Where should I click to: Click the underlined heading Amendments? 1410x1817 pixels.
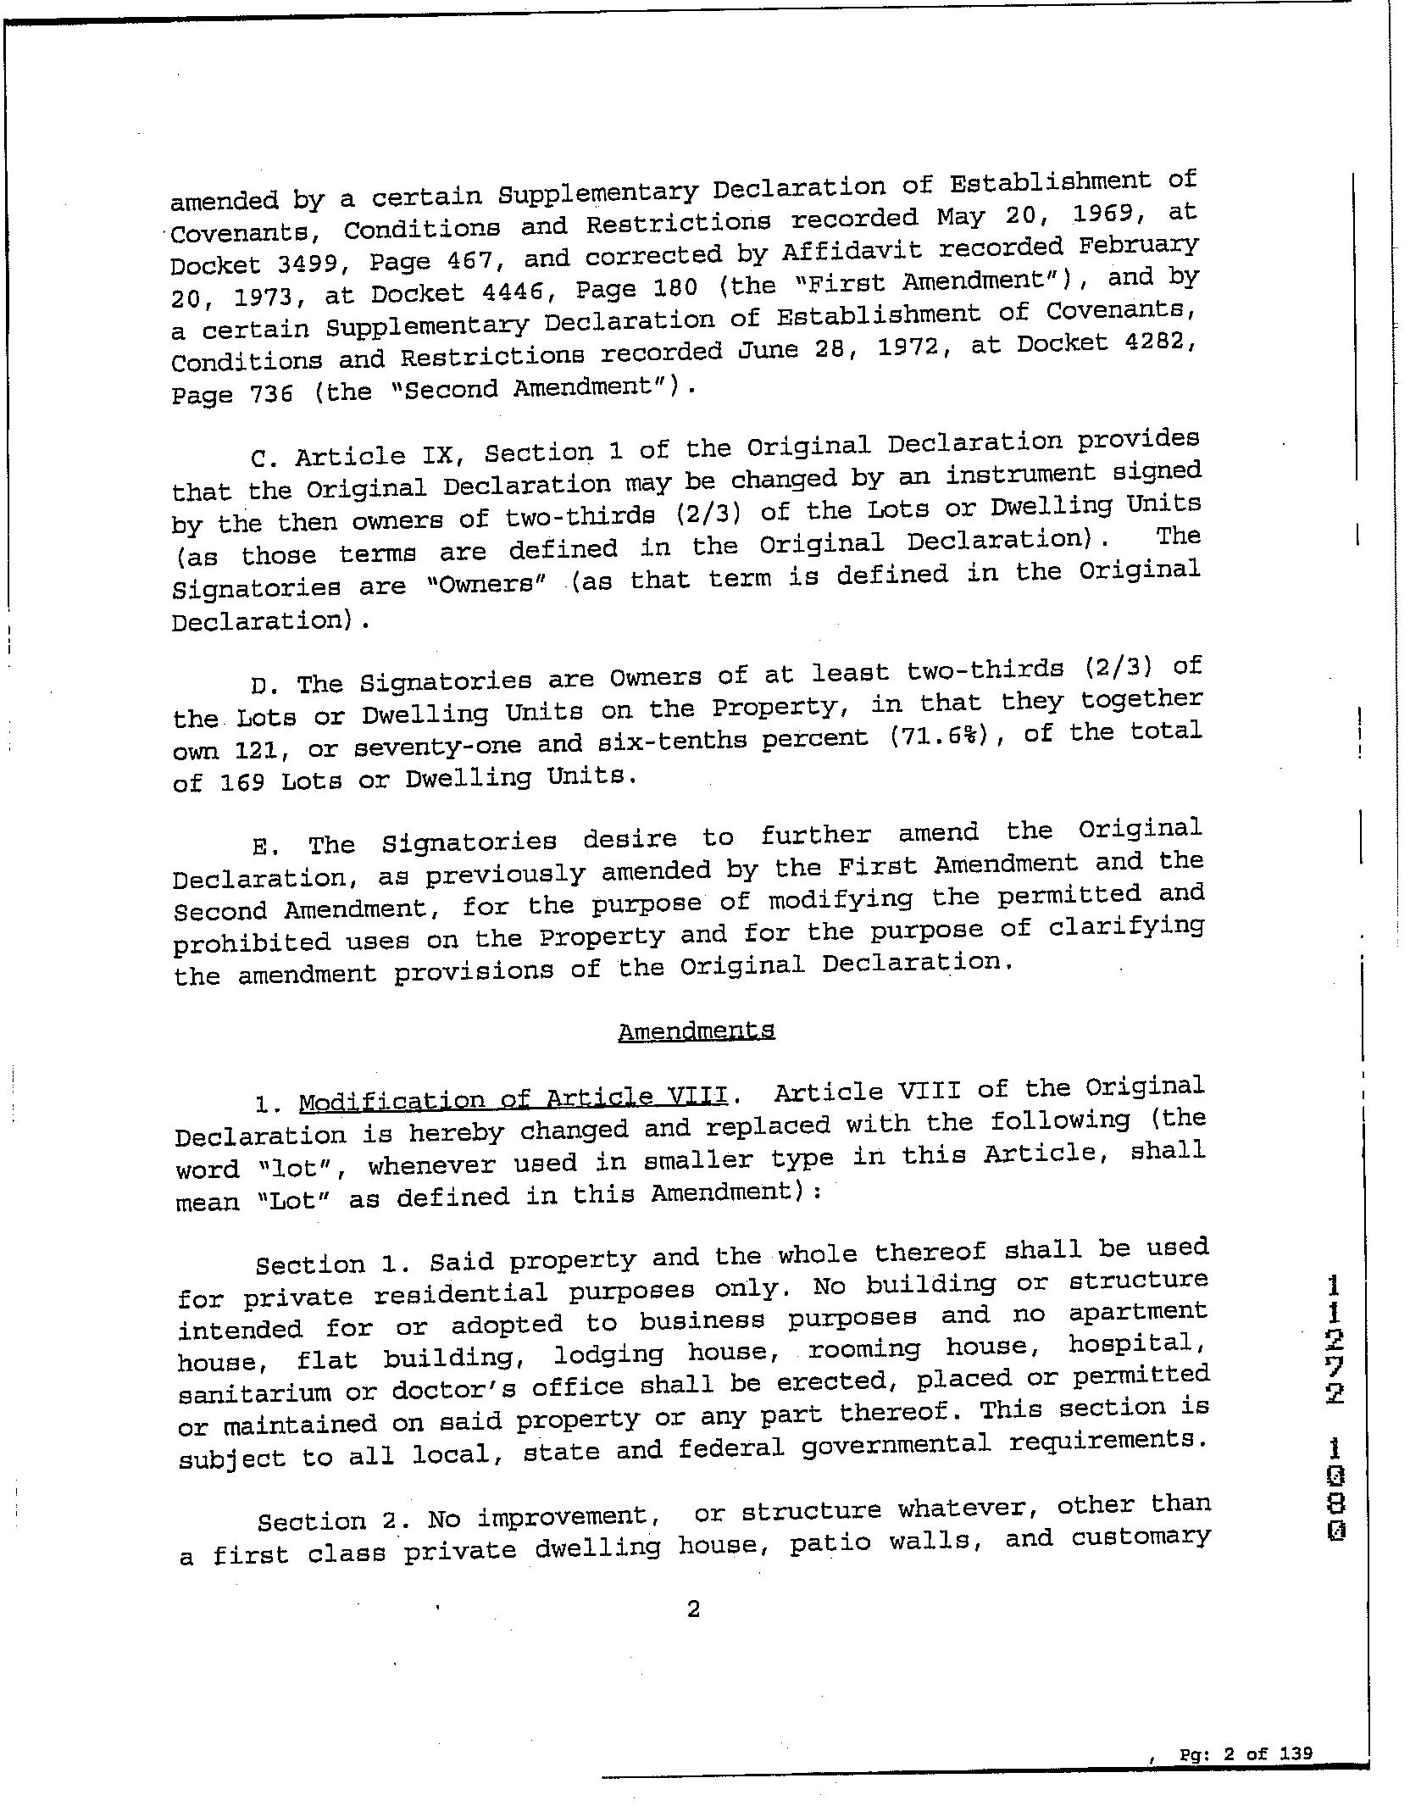(696, 1031)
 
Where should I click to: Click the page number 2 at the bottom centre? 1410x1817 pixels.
(693, 1609)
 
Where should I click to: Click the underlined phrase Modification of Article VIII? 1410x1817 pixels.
(513, 1099)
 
